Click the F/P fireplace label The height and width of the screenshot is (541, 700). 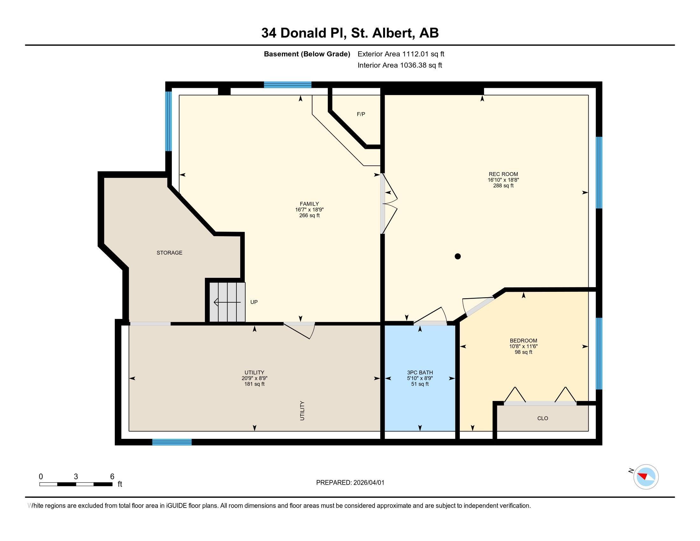[x=361, y=114]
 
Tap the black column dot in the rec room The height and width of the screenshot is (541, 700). [x=458, y=256]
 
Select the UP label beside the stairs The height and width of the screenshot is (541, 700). [x=254, y=302]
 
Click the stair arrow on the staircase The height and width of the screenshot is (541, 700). [x=227, y=302]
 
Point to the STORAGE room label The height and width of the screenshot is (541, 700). [x=169, y=253]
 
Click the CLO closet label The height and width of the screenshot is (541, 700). [x=542, y=418]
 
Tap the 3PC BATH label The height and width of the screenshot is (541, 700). [x=420, y=372]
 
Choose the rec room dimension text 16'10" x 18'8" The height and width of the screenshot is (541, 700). [x=503, y=180]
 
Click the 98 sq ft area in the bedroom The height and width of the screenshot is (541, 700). [x=523, y=352]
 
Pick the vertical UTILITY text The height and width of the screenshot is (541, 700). [x=302, y=411]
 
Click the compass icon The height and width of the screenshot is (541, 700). [x=646, y=477]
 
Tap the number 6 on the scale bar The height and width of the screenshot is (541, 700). [x=112, y=476]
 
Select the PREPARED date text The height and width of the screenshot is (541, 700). [x=350, y=482]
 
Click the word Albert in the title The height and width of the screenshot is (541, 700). [x=392, y=33]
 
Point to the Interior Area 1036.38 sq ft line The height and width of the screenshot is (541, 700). [x=400, y=65]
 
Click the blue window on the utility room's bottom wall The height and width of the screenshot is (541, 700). [x=172, y=442]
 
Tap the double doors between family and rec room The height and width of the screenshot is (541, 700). [x=388, y=204]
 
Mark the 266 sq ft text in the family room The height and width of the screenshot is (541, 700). [x=309, y=215]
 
